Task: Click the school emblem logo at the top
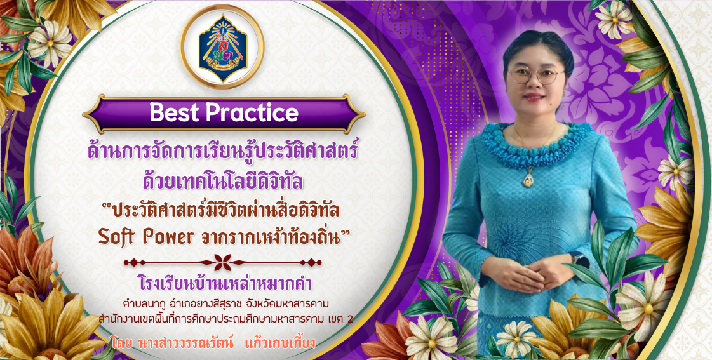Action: click(222, 47)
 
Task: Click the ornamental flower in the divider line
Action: click(222, 262)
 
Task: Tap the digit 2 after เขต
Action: click(349, 319)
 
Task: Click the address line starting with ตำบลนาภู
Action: click(225, 303)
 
